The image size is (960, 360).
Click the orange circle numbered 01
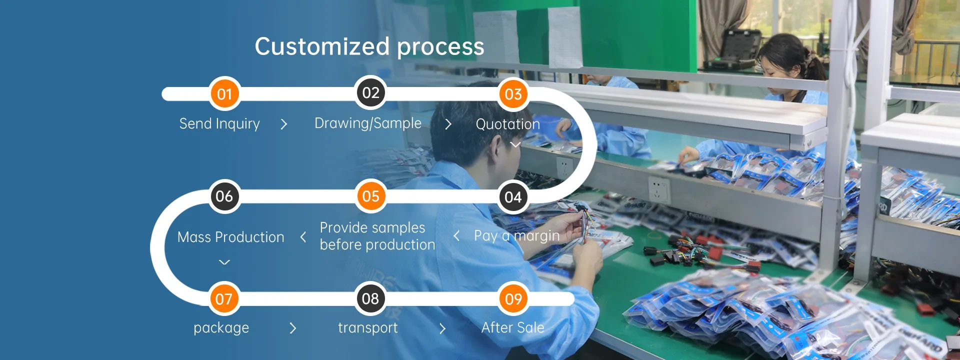224,94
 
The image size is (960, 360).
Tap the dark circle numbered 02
370,93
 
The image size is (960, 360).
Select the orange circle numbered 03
513,94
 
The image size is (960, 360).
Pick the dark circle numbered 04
513,197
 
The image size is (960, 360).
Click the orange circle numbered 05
370,196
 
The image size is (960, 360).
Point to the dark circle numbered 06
224,196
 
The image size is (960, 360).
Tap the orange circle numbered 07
224,299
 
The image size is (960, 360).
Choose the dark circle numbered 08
370,298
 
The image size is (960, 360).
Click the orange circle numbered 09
513,299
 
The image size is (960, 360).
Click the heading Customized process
369,46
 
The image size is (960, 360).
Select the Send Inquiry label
219,123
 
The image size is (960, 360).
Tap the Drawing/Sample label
368,123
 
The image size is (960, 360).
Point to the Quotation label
507,124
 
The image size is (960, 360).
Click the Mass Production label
230,237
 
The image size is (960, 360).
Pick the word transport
368,327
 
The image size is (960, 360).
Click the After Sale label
512,327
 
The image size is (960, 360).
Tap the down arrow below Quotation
515,145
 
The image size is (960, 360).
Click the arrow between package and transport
293,328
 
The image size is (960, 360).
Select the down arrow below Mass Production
224,262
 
